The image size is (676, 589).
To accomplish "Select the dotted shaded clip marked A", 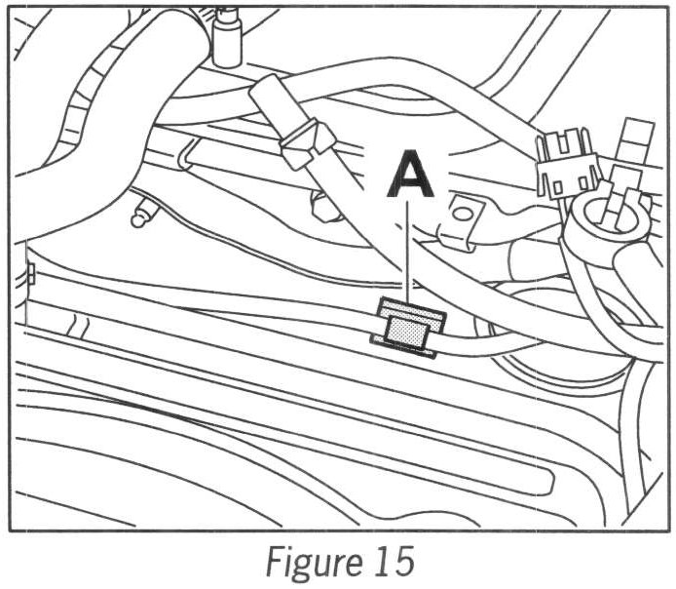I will (x=404, y=329).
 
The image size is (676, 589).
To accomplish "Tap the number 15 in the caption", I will (x=392, y=562).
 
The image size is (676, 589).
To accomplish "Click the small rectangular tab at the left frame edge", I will (x=30, y=273).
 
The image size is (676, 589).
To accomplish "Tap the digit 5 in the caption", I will (x=402, y=562).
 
